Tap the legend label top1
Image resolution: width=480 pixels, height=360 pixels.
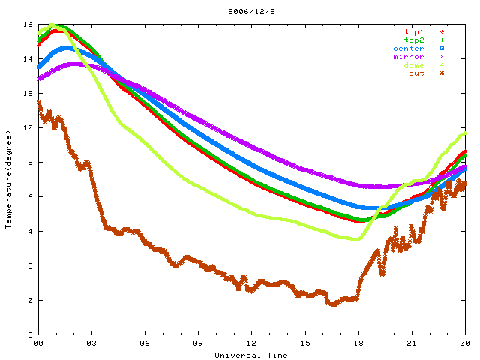coord(413,32)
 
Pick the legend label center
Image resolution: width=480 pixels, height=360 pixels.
coord(408,49)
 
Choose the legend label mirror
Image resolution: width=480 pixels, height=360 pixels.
coord(408,57)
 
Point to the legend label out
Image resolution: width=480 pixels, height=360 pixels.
coord(416,73)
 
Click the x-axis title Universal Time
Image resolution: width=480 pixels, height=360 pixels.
coord(250,355)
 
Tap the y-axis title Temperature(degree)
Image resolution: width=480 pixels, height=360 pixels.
coord(9,179)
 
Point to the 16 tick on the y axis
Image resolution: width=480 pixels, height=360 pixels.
coord(28,25)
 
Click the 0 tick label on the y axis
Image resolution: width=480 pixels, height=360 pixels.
coord(30,301)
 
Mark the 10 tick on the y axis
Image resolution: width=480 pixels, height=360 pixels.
coord(28,128)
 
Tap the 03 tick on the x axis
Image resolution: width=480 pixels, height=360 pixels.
coord(91,343)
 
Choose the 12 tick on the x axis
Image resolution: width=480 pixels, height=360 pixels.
coord(252,343)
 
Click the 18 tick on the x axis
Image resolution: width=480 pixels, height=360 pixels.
coord(358,343)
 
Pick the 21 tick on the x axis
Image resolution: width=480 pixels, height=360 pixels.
coord(412,343)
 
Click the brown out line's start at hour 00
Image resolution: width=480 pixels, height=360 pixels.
coord(39,103)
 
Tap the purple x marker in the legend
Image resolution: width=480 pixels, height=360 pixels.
coord(442,57)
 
